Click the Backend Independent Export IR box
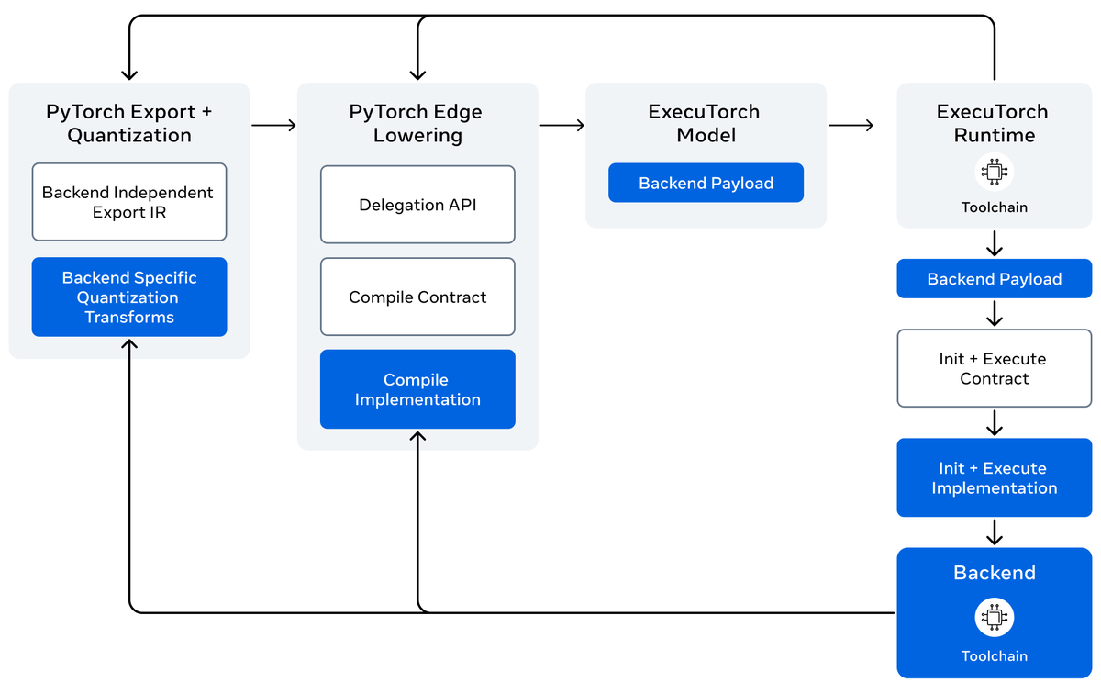tap(128, 202)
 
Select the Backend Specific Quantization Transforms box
tap(128, 297)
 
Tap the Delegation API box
tap(417, 205)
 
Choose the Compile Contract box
tap(417, 297)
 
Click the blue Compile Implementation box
tap(417, 389)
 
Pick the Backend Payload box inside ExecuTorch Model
tap(706, 183)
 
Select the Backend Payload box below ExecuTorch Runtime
tap(994, 279)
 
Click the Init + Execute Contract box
tap(994, 368)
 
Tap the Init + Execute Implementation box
tap(994, 477)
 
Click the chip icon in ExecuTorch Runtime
tap(994, 173)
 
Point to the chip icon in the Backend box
tap(994, 617)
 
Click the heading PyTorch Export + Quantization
tap(128, 123)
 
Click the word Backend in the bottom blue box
tap(994, 573)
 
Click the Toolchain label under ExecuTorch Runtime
tap(994, 207)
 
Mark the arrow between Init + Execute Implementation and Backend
tap(994, 532)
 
